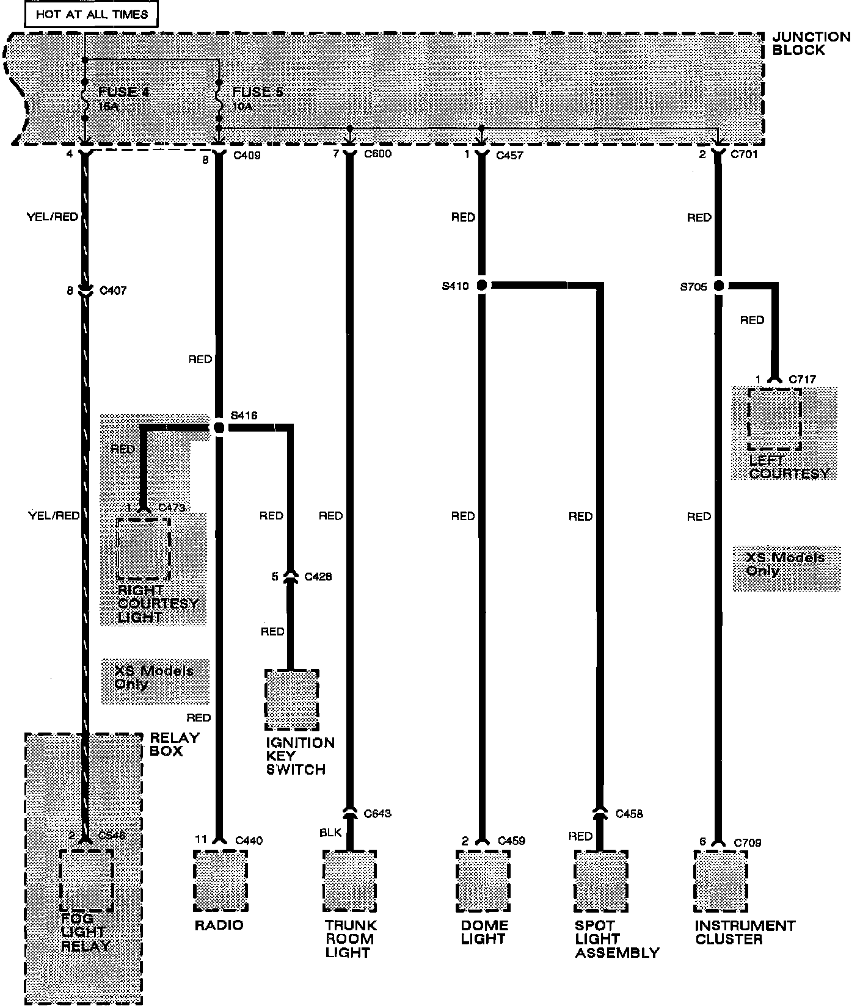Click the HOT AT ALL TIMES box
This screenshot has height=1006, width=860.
click(x=92, y=13)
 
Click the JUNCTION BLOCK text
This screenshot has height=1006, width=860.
click(x=811, y=43)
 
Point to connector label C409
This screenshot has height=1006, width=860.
click(x=247, y=156)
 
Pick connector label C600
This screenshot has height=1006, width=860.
click(x=377, y=154)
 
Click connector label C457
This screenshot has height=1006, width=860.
click(x=509, y=156)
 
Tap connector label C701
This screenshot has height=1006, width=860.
click(x=744, y=154)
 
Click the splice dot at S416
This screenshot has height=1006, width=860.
click(x=219, y=428)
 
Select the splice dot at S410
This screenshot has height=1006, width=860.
click(x=481, y=285)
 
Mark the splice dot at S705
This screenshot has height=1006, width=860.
click(x=718, y=285)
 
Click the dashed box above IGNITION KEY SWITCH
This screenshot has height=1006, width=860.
click(x=291, y=700)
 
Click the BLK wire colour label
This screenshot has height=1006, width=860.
click(x=330, y=833)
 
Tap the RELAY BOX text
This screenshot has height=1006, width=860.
click(x=175, y=744)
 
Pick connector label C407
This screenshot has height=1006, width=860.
click(x=112, y=291)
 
